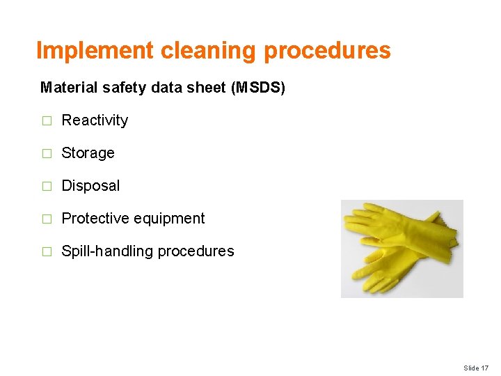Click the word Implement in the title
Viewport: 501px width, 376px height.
(x=95, y=51)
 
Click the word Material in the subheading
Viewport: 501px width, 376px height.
(x=63, y=88)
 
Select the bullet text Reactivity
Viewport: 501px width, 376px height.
(x=95, y=120)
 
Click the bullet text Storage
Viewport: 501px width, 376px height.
(x=88, y=153)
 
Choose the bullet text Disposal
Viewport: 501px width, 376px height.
(x=90, y=186)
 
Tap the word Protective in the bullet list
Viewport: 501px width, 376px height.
(x=95, y=219)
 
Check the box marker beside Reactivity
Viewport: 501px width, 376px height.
(x=47, y=121)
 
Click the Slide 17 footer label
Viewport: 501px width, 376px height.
(x=476, y=368)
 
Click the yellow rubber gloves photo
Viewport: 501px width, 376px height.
(x=401, y=249)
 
